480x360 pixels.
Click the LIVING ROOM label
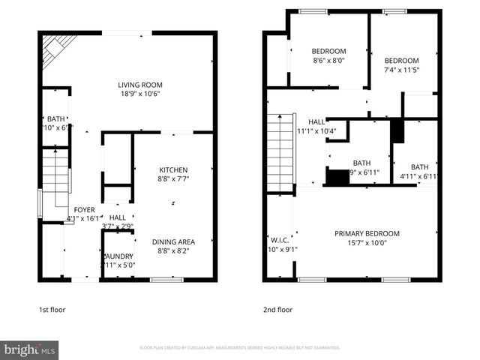coord(140,85)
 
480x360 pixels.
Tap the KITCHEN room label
coord(172,170)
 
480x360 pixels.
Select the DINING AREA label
coord(173,242)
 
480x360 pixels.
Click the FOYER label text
coord(82,210)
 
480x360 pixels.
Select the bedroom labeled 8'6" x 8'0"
coord(328,51)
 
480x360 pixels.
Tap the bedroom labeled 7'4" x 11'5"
coord(401,61)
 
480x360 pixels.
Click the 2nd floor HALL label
coord(316,121)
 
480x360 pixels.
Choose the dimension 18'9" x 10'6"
coord(140,94)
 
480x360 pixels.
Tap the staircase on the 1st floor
coord(55,180)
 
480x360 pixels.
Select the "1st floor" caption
coord(52,309)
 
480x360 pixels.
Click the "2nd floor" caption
coord(277,309)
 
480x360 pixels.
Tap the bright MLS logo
coord(30,349)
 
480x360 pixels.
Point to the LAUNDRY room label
coord(118,256)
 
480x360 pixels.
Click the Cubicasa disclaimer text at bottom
coord(240,348)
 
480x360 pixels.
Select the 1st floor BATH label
coord(56,118)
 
